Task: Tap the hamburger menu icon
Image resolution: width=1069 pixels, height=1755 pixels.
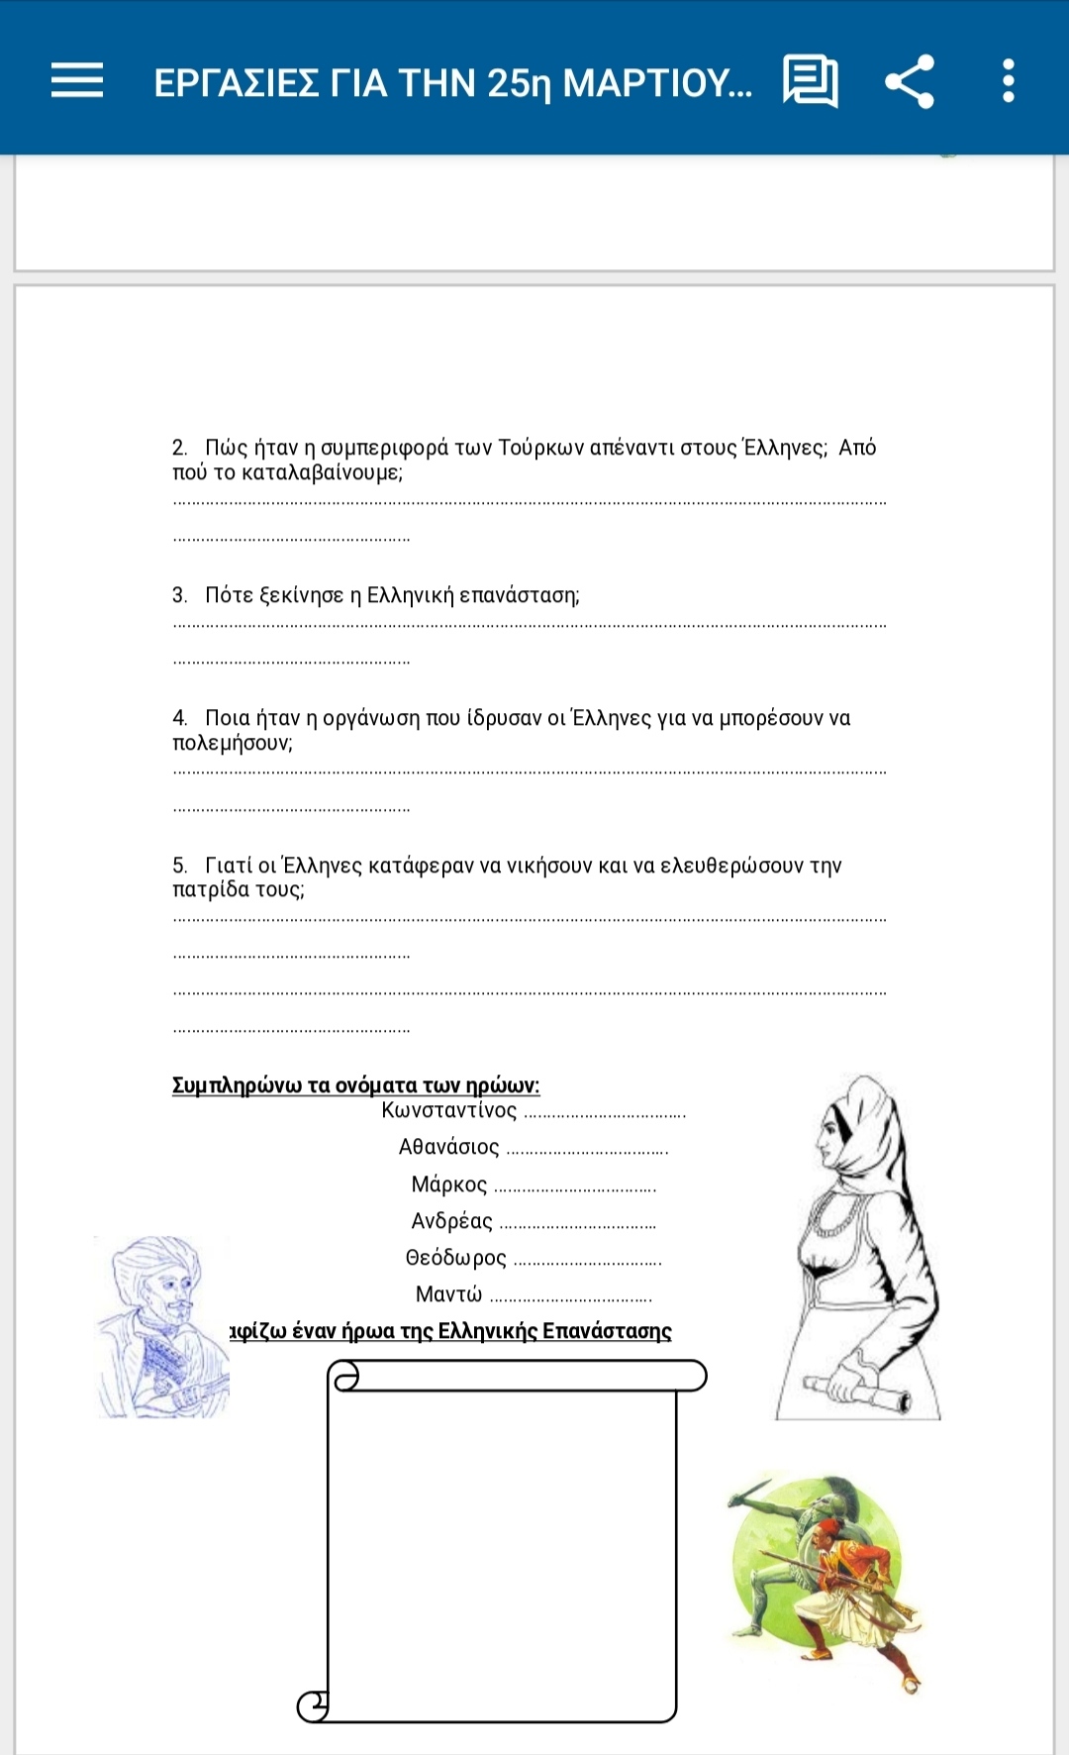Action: click(77, 80)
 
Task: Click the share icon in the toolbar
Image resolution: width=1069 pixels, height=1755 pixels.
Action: click(910, 81)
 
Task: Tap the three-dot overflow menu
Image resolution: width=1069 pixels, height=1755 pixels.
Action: click(1008, 81)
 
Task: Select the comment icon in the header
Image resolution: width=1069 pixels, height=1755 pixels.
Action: click(810, 81)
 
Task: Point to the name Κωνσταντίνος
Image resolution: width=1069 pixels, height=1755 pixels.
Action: click(449, 1110)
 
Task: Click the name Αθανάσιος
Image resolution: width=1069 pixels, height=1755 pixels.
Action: click(449, 1147)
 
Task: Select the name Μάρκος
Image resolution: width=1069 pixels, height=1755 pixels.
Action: click(449, 1185)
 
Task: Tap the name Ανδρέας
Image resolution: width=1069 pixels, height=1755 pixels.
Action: click(451, 1221)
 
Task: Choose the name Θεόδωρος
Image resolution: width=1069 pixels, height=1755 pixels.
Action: click(455, 1258)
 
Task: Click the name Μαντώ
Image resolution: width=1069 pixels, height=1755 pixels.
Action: click(448, 1294)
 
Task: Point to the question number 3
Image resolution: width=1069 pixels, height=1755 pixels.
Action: click(179, 595)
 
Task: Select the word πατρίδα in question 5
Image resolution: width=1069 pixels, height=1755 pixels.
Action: click(211, 889)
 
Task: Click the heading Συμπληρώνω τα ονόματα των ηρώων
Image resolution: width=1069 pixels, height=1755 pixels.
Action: click(355, 1085)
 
